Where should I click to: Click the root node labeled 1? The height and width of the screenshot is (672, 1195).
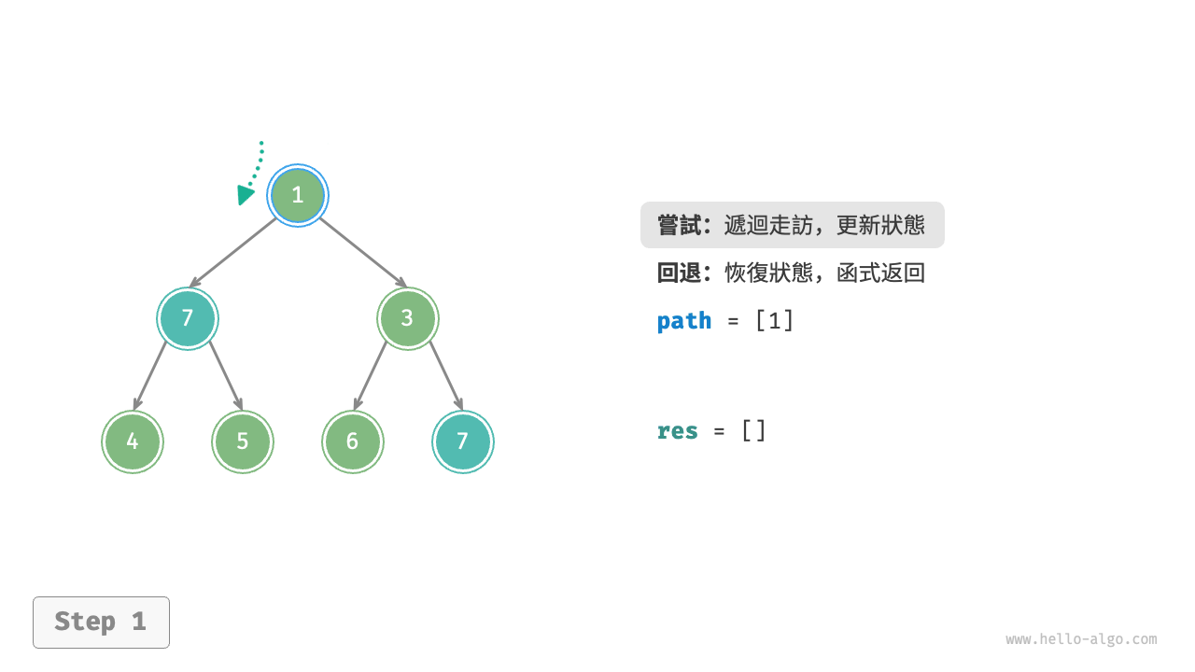coord(298,195)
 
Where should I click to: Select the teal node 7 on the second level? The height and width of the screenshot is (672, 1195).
coord(188,318)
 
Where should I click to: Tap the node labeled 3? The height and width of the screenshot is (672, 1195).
coord(407,318)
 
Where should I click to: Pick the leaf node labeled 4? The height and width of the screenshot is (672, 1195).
coord(133,441)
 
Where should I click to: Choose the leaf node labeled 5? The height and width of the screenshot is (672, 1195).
coord(243,441)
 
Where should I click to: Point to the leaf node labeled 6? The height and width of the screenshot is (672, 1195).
coord(352,441)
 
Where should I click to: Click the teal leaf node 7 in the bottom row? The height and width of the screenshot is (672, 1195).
coord(463,441)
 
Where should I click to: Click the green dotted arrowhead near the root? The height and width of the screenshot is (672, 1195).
coord(246,194)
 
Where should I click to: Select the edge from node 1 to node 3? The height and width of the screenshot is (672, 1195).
coord(362,252)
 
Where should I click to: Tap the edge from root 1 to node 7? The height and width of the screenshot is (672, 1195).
coord(234,253)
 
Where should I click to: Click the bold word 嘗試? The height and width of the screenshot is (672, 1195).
coord(679,225)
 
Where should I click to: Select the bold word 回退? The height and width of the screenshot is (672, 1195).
coord(679,273)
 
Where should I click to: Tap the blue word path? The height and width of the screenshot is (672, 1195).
coord(684,321)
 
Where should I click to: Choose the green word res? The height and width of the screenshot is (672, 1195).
coord(678,431)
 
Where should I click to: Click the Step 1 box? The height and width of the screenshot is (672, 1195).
coord(101,622)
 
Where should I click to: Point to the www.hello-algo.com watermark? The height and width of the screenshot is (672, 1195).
coord(1081,639)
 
